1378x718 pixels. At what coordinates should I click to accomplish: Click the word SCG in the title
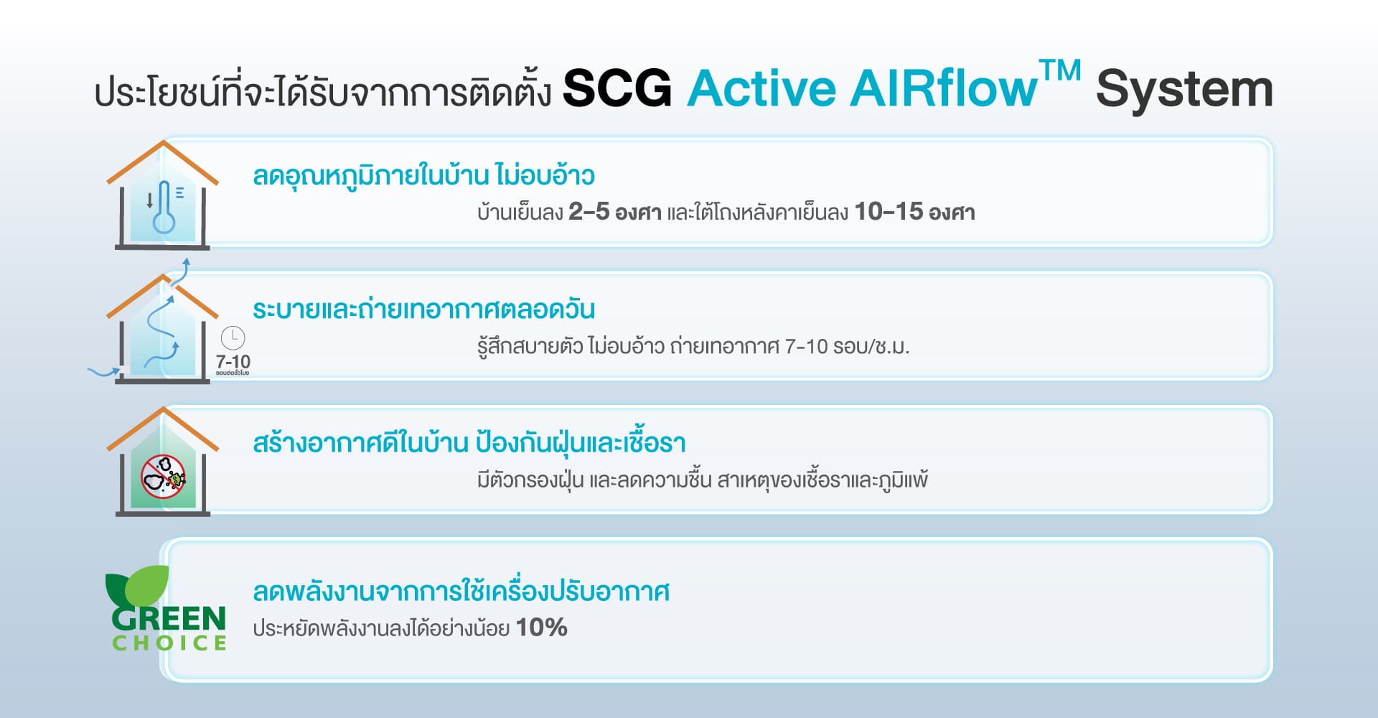(x=617, y=89)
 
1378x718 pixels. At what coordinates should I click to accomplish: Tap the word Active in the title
(x=761, y=89)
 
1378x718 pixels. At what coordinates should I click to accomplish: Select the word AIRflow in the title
(x=944, y=89)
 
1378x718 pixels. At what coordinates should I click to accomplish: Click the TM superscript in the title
(x=1060, y=71)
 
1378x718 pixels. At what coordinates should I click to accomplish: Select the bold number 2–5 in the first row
(x=589, y=212)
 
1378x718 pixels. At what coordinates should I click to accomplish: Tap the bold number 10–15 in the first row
(x=889, y=212)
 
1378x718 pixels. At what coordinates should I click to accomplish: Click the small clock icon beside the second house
(x=233, y=337)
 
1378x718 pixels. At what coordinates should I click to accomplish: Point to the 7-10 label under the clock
(x=233, y=361)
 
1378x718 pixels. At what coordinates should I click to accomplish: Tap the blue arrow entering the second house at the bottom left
(x=104, y=372)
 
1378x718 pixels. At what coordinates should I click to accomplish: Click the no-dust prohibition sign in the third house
(x=163, y=476)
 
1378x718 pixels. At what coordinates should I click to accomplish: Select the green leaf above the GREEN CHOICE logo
(x=141, y=585)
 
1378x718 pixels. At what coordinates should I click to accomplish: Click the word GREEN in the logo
(x=169, y=618)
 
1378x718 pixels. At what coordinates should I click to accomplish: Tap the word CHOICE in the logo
(x=169, y=643)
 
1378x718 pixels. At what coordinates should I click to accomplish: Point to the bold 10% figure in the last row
(x=541, y=628)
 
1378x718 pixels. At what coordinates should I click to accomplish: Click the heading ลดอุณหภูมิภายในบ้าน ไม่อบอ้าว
(x=423, y=175)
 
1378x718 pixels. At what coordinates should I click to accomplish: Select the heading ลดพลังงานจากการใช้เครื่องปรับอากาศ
(x=461, y=592)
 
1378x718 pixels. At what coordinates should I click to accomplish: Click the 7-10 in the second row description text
(x=807, y=347)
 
